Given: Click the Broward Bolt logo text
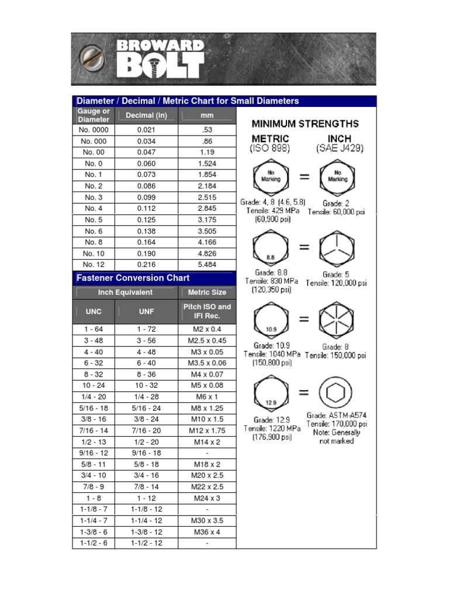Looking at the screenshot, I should coord(160,58).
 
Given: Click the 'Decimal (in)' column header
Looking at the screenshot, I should coord(146,116).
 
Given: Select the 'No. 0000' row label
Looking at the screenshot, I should coord(94,130).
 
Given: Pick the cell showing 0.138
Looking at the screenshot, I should coord(146,231).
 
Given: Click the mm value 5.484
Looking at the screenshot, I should coord(207,264).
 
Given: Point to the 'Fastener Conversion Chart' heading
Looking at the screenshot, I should coord(134,278).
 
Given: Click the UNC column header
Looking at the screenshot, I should coord(94,312).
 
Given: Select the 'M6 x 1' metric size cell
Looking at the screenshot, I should coord(207,397).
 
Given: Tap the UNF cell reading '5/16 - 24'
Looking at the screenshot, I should coord(146,408).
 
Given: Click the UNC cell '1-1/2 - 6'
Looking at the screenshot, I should coord(94,543).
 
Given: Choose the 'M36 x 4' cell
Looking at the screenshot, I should coord(207,532).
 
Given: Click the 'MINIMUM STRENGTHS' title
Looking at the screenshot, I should coord(305,124).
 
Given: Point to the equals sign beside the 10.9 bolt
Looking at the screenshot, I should coord(304,320).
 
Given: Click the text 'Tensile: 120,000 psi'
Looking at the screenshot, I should coord(336,283).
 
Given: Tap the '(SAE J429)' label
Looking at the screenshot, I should coord(340,149).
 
